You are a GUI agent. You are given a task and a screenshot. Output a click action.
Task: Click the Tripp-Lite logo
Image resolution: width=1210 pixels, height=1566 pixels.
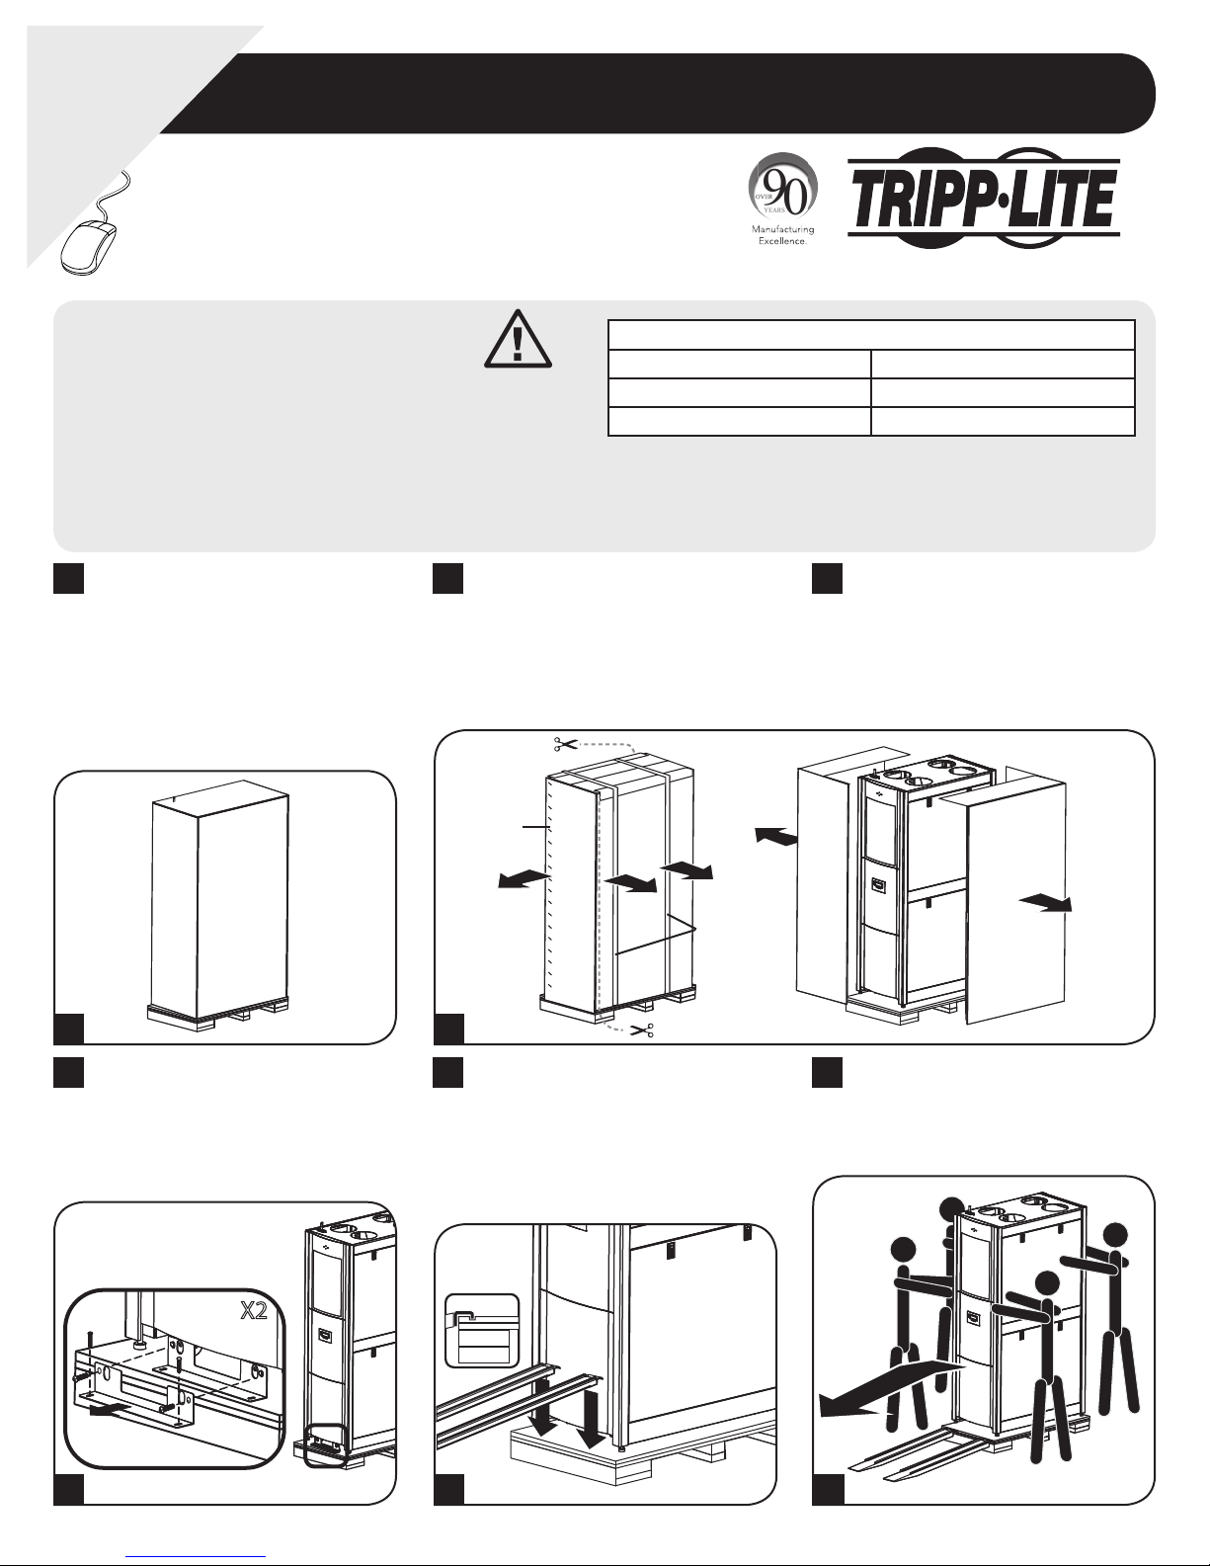(983, 199)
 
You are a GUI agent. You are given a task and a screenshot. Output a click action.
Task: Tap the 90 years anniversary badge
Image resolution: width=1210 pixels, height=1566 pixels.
(783, 185)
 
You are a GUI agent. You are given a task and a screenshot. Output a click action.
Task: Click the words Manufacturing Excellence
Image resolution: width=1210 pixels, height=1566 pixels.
(783, 235)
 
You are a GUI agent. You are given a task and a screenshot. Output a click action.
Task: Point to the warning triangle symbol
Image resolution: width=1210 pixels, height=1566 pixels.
(518, 340)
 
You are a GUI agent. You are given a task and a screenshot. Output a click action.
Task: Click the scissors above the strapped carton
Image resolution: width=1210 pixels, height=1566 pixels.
(565, 744)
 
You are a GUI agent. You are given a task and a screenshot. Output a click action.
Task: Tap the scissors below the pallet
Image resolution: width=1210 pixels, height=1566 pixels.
(641, 1030)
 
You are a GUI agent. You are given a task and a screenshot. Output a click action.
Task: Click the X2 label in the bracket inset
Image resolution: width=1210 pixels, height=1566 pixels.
(254, 1311)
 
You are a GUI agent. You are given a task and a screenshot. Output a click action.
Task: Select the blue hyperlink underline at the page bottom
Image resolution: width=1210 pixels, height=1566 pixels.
(196, 1556)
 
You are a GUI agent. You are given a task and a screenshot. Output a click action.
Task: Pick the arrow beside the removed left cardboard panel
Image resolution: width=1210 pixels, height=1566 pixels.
(776, 835)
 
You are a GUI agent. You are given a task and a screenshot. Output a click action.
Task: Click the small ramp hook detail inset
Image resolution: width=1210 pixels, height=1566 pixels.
(482, 1330)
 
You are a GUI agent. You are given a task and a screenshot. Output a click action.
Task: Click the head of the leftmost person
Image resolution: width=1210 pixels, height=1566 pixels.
(903, 1250)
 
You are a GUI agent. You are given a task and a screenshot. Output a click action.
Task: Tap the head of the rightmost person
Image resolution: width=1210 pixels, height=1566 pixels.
(1115, 1237)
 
